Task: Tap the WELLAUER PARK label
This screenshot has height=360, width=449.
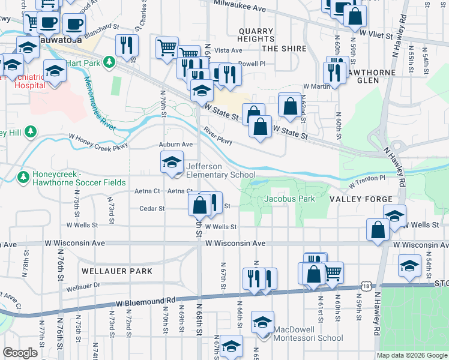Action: [118, 271]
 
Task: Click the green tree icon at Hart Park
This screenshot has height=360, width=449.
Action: [109, 61]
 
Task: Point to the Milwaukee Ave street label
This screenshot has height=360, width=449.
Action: [239, 8]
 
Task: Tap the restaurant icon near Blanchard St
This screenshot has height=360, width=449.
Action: [127, 46]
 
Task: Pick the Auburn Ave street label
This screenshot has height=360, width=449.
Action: [175, 145]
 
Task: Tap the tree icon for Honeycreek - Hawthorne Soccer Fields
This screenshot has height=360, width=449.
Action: [23, 177]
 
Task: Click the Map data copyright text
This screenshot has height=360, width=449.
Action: [411, 355]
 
